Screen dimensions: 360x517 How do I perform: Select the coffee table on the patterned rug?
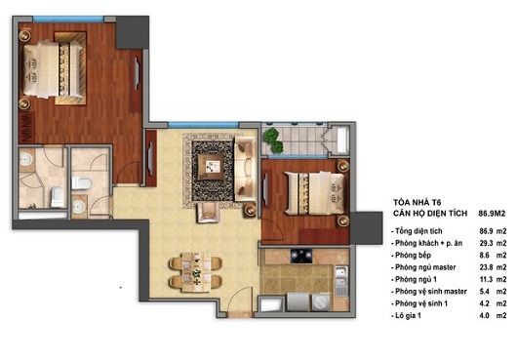(x=212, y=165)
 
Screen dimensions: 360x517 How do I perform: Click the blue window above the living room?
(x=198, y=125)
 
